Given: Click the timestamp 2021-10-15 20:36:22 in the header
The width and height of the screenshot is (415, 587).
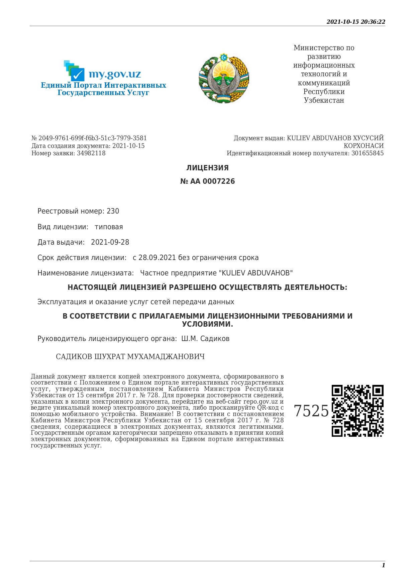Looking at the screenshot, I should [356, 22].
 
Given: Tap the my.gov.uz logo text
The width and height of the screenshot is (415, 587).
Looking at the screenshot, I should [114, 74].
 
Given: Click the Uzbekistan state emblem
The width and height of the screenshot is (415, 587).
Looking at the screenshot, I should [224, 78].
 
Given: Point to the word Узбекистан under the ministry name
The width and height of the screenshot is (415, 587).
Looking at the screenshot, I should [324, 100].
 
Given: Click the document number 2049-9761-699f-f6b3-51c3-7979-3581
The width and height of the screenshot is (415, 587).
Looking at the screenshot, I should [93, 138].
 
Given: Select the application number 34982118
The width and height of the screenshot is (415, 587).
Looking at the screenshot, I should [91, 153].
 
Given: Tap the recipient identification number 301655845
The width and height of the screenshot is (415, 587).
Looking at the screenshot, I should [367, 153].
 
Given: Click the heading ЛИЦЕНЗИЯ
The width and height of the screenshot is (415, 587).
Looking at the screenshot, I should [207, 168].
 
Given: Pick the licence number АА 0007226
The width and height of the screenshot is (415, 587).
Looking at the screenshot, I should [212, 181].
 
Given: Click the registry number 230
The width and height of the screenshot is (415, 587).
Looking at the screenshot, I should [113, 211].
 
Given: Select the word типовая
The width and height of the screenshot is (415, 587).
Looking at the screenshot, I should [109, 227].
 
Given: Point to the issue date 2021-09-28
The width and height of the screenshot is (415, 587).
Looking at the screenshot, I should [110, 242].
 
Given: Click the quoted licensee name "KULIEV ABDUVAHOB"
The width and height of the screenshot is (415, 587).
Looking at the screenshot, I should [255, 273].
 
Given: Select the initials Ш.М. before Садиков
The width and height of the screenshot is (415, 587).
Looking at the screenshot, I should [189, 339].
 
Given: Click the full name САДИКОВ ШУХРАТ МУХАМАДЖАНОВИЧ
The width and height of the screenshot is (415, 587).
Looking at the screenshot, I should [130, 357].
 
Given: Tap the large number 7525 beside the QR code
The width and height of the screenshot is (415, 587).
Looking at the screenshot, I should [311, 411].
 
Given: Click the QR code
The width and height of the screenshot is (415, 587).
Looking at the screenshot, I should [357, 411].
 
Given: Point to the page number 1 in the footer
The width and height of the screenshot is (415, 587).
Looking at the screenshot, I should [383, 565].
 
